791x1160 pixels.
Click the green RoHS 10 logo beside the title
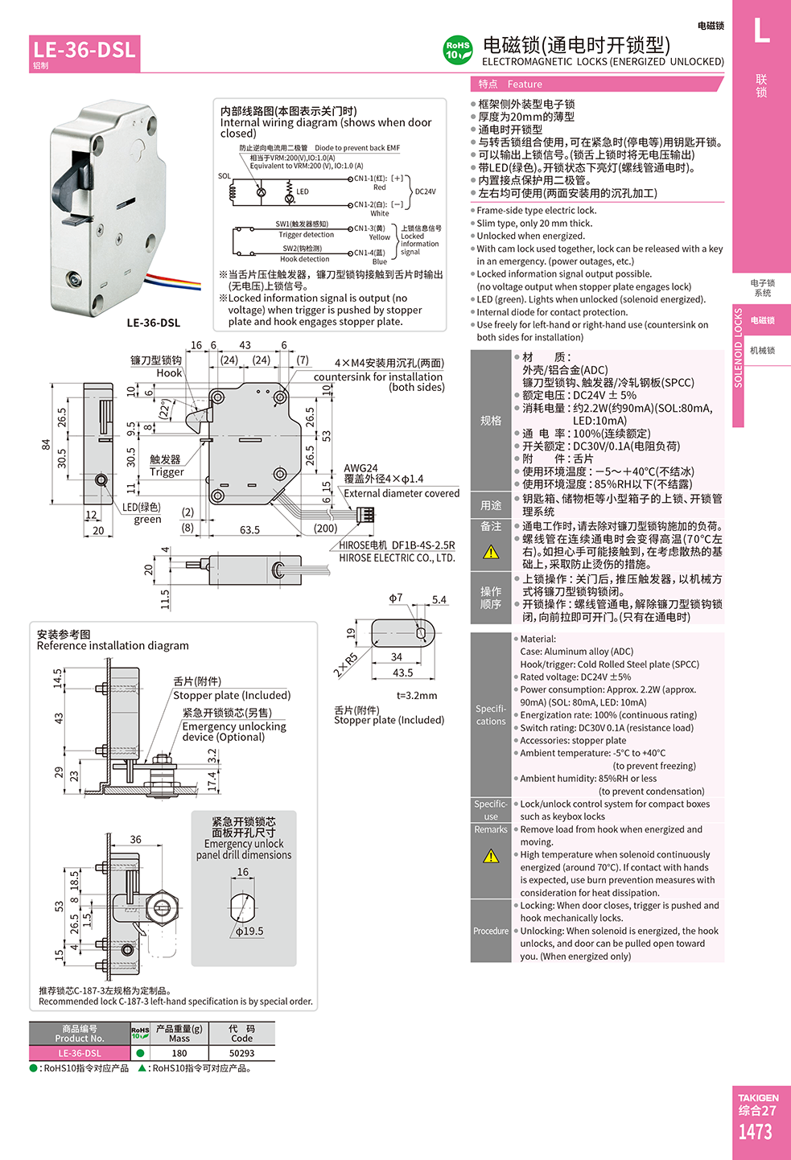coord(457,50)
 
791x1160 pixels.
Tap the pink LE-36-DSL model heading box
coord(84,53)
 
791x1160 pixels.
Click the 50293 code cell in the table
coord(241,1053)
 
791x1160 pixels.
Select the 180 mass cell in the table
coord(179,1053)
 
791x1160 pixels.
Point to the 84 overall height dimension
coord(47,444)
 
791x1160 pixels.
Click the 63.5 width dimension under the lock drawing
coord(249,530)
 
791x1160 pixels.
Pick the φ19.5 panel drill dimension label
coord(249,931)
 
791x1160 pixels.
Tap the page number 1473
coord(755,1132)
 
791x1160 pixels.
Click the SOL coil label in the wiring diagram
coord(225,176)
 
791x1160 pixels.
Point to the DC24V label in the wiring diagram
coord(426,191)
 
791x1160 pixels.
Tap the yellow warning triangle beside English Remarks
coord(491,856)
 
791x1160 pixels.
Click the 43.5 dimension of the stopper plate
coord(402,673)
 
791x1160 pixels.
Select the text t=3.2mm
coord(417,696)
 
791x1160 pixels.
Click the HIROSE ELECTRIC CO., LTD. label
coord(397,557)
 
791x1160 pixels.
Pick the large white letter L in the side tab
coord(761,31)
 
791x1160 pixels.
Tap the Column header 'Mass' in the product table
coord(179,1039)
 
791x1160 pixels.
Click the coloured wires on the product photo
coord(174,282)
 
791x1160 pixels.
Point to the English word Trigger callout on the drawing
coord(167,471)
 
